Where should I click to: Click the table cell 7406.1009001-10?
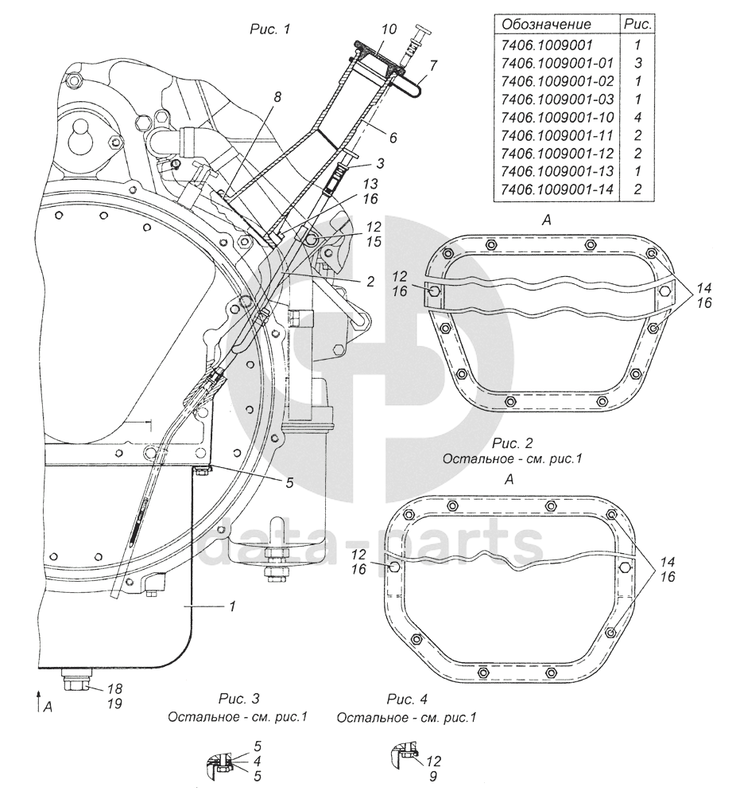pos(558,118)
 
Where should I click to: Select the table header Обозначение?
pos(547,25)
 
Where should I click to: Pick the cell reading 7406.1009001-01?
pos(558,63)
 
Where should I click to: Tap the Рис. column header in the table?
pos(637,25)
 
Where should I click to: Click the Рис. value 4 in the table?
pos(637,118)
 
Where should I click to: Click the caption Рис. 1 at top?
pos(269,29)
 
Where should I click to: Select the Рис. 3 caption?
pos(238,698)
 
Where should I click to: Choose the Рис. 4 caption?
pos(407,698)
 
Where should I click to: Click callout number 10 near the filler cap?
pos(389,29)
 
